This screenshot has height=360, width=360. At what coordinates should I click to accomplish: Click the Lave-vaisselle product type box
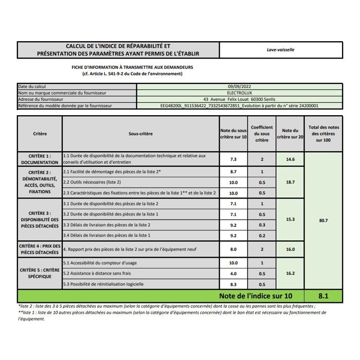point(280,50)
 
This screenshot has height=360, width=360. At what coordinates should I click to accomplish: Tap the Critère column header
point(40,134)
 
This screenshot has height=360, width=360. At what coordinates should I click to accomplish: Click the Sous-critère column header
point(140,134)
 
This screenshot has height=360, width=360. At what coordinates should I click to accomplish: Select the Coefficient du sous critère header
point(262,134)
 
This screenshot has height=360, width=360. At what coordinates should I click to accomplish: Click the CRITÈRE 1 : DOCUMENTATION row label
point(40,159)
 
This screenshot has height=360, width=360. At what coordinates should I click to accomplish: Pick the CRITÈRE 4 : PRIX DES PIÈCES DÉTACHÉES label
point(40,249)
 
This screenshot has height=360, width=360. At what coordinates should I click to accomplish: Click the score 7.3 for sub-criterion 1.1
point(233,159)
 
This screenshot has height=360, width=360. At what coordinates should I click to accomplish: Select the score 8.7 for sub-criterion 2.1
point(233,172)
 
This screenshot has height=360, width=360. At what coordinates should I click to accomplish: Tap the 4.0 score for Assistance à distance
point(233,274)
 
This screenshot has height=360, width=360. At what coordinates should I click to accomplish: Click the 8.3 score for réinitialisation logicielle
point(233,284)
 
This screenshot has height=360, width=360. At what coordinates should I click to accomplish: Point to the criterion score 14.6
point(290,159)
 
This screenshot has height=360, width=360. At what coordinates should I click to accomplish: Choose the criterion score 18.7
point(290,182)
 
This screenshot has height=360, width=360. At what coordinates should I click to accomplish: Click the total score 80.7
point(323,220)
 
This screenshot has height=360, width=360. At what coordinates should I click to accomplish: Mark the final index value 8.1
point(323,296)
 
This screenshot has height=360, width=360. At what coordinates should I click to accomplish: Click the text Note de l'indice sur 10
point(256,296)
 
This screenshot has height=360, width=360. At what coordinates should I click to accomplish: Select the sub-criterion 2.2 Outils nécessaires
point(93,182)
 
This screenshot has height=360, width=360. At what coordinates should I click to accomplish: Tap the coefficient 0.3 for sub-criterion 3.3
point(262,225)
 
